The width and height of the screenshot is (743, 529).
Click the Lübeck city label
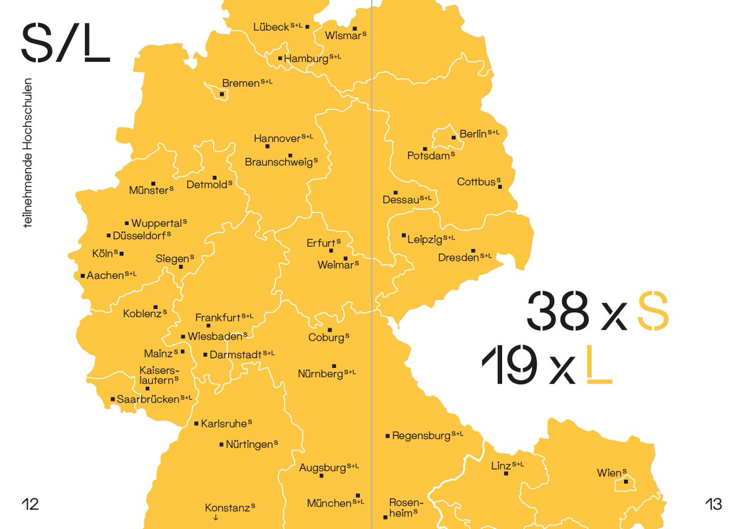271,27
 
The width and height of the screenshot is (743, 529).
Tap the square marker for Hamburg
280,59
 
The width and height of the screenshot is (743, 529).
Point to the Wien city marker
626,481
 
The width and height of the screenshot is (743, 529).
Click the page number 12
30,504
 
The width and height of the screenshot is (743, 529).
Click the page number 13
713,504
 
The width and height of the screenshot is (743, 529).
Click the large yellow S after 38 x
653,311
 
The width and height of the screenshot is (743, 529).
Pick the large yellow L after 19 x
599,365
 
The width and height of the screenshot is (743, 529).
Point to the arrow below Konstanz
215,518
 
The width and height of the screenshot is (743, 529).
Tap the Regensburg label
421,436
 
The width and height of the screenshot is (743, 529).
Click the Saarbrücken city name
148,400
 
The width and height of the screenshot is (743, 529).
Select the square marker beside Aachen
82,276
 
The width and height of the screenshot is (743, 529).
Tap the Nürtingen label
249,445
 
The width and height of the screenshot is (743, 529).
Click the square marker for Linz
506,473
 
